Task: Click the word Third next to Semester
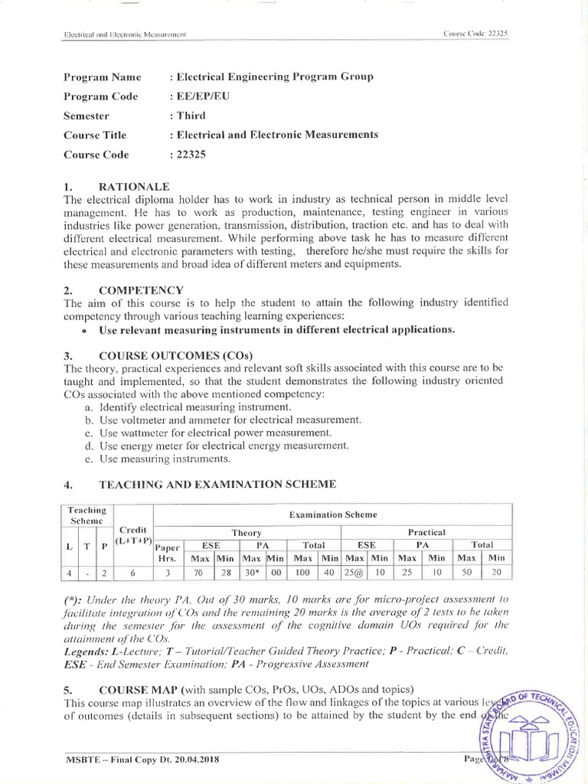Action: tap(191, 116)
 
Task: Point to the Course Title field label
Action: tap(94, 135)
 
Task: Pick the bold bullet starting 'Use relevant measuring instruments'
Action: tap(276, 330)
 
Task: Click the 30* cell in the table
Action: tap(252, 571)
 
